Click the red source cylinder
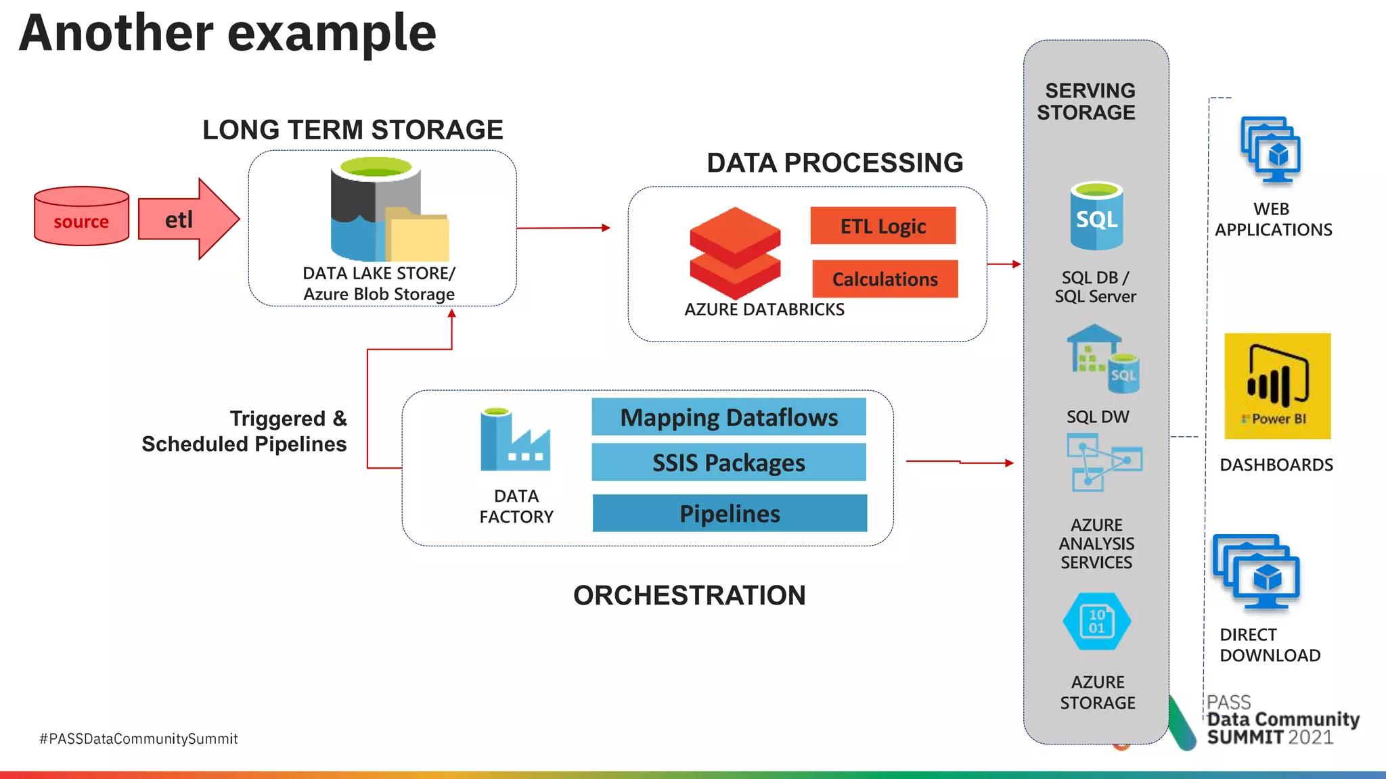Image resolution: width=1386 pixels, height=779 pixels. (81, 216)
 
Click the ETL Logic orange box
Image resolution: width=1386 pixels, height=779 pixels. (882, 226)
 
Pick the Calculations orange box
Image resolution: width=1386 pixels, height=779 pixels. (885, 279)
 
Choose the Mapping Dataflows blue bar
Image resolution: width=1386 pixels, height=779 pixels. (729, 417)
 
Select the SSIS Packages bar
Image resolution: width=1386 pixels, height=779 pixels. (729, 463)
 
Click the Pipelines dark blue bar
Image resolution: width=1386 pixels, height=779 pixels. (730, 513)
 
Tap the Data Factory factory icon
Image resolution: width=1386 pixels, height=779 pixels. (514, 441)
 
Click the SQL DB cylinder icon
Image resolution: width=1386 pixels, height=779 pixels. (1096, 216)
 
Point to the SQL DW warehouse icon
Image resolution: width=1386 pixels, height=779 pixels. (1102, 358)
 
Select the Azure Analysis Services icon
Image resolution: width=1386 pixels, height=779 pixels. (1104, 462)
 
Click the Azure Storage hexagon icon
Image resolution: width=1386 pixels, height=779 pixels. (1096, 621)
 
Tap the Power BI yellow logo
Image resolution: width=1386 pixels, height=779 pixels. (1277, 385)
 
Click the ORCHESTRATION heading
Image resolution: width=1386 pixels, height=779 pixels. (689, 595)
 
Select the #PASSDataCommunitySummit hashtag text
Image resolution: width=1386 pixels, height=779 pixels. (139, 738)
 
